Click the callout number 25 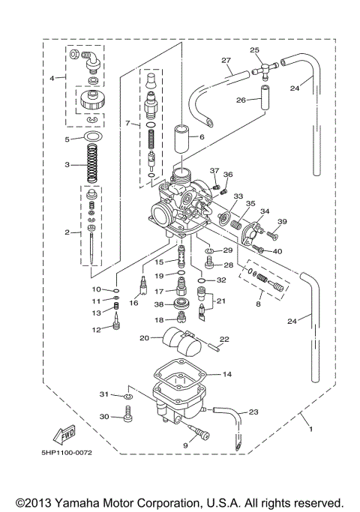255,50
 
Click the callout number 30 104,417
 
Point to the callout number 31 104,394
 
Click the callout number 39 282,222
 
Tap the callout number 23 253,412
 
